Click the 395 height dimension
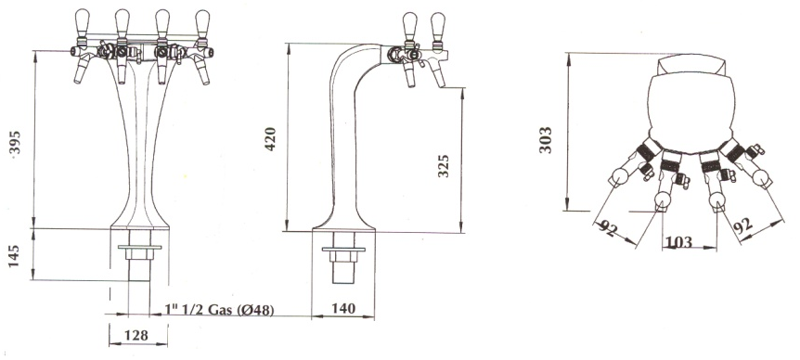[x=15, y=144]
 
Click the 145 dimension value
[x=14, y=256]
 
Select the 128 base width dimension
[x=136, y=335]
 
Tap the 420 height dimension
[x=270, y=138]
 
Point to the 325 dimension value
[x=444, y=166]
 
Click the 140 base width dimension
[x=343, y=308]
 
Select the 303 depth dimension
[x=546, y=140]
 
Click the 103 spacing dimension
[x=678, y=241]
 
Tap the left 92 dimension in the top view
[x=608, y=229]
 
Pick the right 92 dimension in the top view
[x=742, y=225]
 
